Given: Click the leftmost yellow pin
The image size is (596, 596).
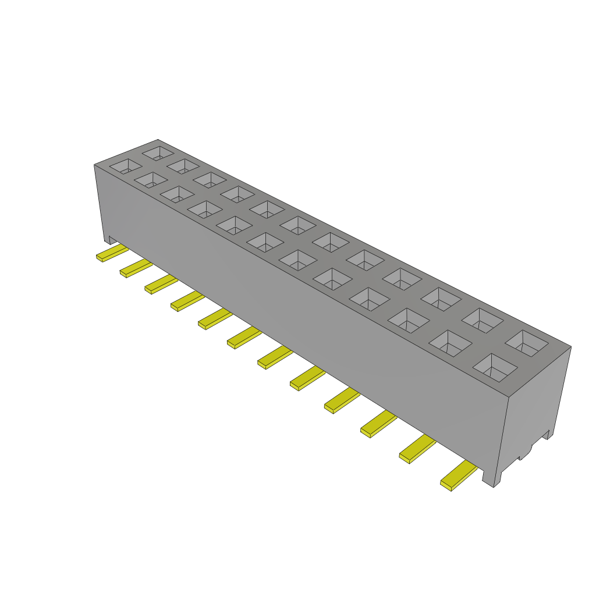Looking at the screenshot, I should point(112,253).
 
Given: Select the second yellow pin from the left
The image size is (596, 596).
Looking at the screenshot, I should point(136,268).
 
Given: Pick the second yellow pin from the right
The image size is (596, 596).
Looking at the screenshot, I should point(417,449).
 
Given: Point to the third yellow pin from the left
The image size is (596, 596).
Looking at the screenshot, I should point(161,285).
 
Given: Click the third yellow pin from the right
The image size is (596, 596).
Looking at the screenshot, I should point(378,424).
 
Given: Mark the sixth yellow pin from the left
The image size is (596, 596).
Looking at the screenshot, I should point(244,338).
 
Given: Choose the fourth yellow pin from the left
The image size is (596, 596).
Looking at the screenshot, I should point(187,301).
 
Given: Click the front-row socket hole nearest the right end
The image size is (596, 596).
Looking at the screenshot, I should point(495,367).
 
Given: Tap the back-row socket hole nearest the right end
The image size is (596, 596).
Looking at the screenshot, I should point(527,343).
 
